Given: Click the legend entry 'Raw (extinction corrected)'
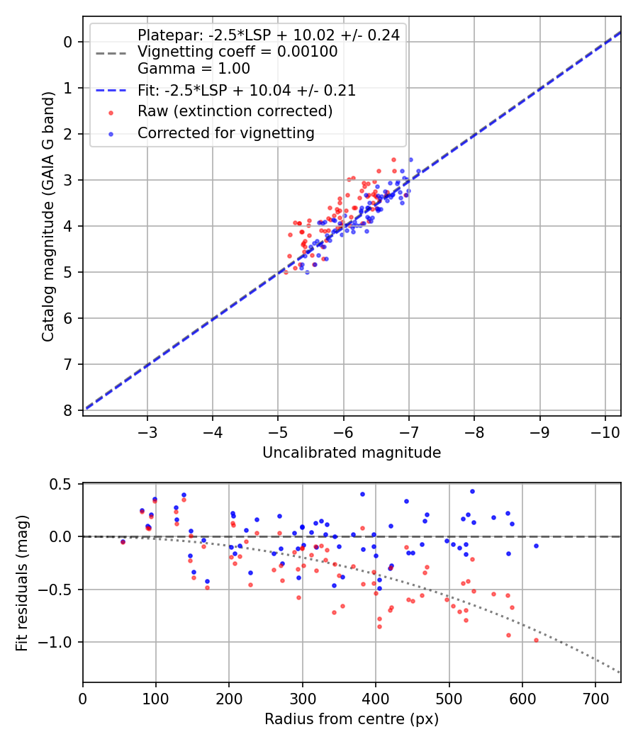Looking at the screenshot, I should tap(235, 111).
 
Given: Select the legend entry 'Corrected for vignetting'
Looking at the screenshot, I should tap(225, 133).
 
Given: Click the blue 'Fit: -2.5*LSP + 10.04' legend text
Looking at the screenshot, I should tap(246, 90).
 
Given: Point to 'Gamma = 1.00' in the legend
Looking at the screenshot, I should tap(194, 69).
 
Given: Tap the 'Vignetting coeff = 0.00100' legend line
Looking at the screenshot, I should tap(237, 52).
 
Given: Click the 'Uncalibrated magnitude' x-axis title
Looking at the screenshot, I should tap(352, 453).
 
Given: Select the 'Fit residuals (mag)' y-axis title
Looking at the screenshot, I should tap(22, 582).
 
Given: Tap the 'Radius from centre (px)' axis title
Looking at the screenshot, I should tap(352, 719).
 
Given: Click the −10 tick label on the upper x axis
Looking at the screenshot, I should tap(605, 432).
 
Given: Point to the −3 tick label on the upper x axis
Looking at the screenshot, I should tap(147, 432).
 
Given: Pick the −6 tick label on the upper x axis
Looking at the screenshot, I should tap(344, 432).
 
